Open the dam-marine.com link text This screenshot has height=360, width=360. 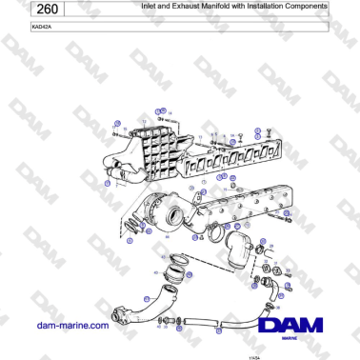pos(69,325)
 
